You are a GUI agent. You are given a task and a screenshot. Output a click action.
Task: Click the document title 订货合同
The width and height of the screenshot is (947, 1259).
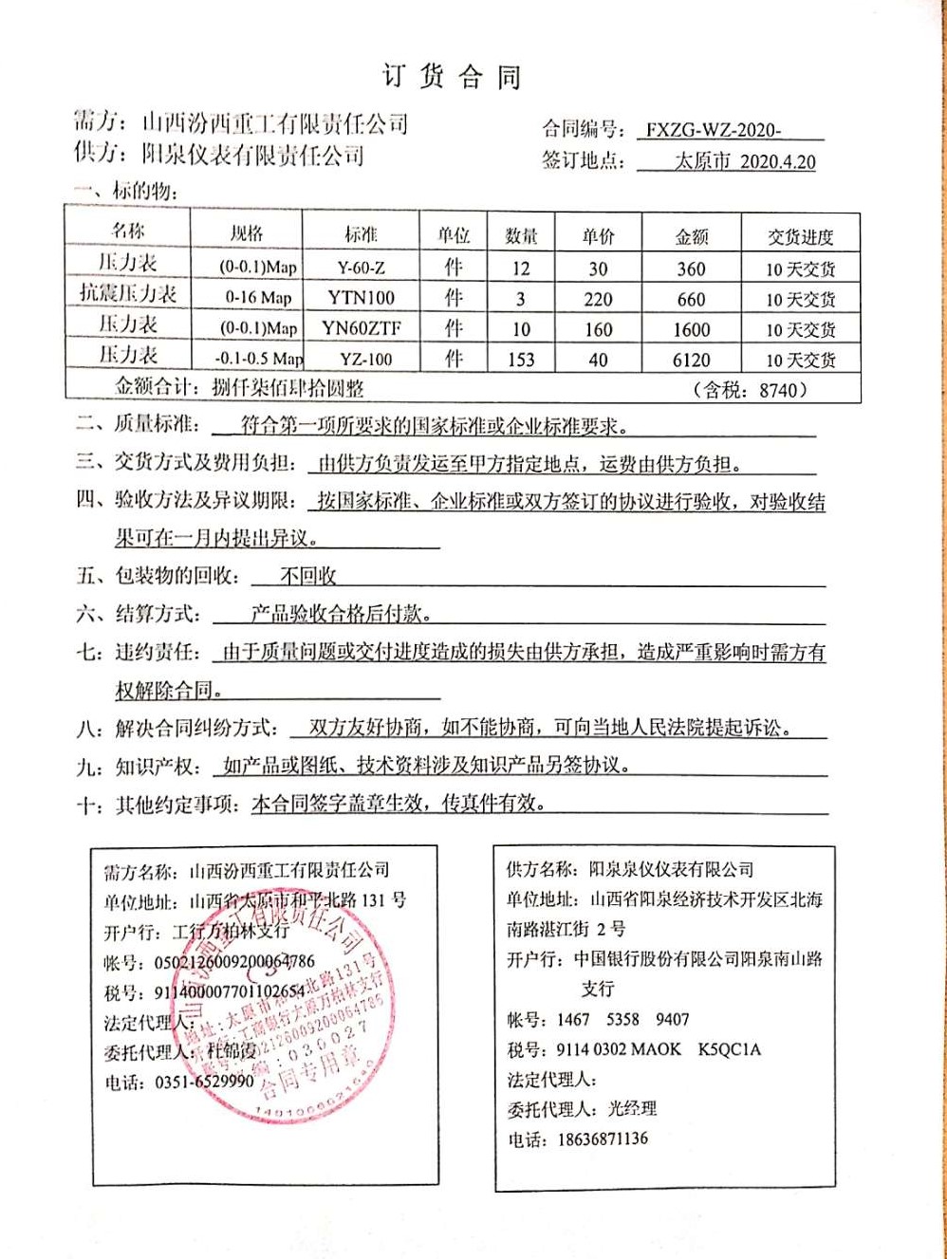pyautogui.click(x=452, y=77)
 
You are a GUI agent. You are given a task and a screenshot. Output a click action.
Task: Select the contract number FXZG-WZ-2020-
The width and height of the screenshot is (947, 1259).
pyautogui.click(x=714, y=131)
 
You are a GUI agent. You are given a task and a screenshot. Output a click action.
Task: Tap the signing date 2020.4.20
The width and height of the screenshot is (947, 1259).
pyautogui.click(x=777, y=161)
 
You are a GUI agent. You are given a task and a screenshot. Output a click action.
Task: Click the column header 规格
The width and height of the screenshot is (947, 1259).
pyautogui.click(x=247, y=233)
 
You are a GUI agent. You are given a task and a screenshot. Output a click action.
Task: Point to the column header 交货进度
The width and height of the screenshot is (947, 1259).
pyautogui.click(x=800, y=237)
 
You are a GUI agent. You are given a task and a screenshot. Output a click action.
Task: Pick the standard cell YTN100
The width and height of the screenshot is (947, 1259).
pyautogui.click(x=361, y=298)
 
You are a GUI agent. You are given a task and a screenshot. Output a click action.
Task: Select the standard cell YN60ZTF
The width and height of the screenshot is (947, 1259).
pyautogui.click(x=361, y=328)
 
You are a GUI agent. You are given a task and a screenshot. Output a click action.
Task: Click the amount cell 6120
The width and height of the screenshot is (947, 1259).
pyautogui.click(x=691, y=360)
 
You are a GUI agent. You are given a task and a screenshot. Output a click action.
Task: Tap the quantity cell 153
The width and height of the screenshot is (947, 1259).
pyautogui.click(x=521, y=360)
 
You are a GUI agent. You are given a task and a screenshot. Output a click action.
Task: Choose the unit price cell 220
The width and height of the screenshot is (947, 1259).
pyautogui.click(x=598, y=299)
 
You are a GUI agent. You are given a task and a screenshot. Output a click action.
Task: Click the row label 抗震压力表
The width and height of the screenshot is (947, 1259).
pyautogui.click(x=128, y=293)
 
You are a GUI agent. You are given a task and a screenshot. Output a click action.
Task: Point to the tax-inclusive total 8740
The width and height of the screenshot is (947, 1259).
pyautogui.click(x=782, y=389)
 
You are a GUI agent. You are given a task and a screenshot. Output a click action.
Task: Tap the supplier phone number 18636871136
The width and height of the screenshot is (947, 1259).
pyautogui.click(x=602, y=1139)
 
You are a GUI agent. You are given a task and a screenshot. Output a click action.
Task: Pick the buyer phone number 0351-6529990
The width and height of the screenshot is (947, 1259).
pyautogui.click(x=205, y=1082)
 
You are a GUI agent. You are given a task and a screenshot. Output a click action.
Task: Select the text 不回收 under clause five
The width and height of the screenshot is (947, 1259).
pyautogui.click(x=308, y=576)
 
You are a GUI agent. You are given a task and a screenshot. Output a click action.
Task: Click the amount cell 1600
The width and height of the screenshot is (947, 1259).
pyautogui.click(x=691, y=329)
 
